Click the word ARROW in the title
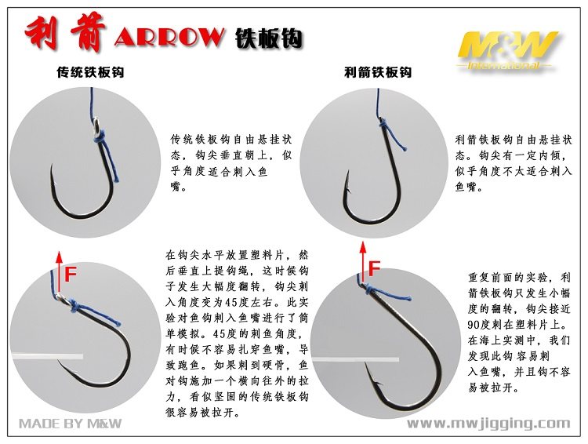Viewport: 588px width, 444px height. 169,37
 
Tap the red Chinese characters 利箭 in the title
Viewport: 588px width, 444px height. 67,35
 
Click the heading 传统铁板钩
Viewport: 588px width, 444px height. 90,73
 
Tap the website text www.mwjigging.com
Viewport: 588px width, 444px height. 488,424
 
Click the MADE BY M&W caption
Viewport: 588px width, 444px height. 71,424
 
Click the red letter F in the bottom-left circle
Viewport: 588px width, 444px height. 71,275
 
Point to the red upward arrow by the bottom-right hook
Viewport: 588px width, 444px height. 362,263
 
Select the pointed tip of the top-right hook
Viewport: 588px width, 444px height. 347,172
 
